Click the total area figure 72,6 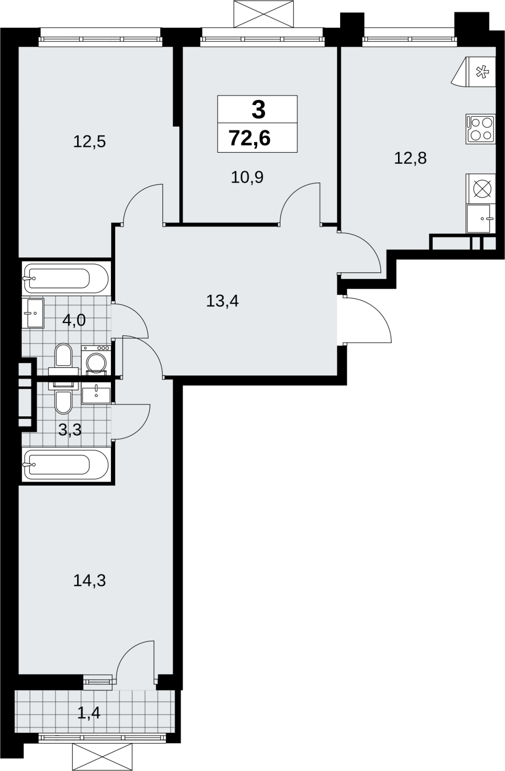click(x=250, y=139)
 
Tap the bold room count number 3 click(x=259, y=110)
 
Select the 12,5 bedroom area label click(x=90, y=142)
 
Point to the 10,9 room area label click(x=247, y=178)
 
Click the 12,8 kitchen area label click(x=411, y=159)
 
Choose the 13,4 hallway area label click(x=222, y=301)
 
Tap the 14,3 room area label click(x=90, y=581)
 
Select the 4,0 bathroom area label click(x=74, y=320)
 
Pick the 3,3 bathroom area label click(x=70, y=429)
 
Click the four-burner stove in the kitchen click(x=481, y=129)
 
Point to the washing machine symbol click(x=96, y=359)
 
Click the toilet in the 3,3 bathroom click(x=64, y=398)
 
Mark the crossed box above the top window click(x=264, y=14)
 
